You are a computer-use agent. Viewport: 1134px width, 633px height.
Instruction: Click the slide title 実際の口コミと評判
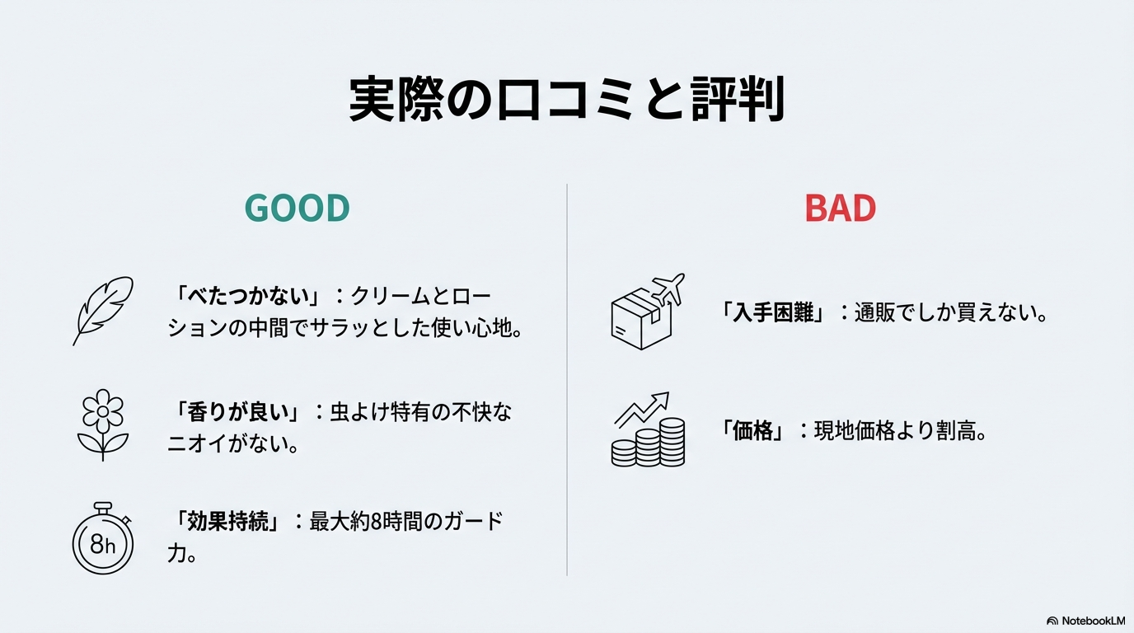(x=566, y=101)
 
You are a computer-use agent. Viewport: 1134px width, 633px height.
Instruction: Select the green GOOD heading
(x=298, y=209)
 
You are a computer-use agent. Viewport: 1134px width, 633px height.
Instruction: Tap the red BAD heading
(x=840, y=209)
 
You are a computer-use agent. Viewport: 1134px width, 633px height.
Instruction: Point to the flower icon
(x=102, y=424)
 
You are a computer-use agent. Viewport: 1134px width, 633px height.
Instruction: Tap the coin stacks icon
(x=648, y=430)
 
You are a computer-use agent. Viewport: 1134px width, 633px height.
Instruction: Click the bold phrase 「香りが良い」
(x=239, y=411)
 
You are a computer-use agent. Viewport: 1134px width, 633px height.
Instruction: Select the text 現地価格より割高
(x=900, y=431)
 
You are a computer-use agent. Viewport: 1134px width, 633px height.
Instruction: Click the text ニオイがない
(x=233, y=444)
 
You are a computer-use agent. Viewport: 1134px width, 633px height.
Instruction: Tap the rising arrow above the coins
(x=643, y=408)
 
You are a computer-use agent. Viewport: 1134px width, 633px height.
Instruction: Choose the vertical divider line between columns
(x=567, y=379)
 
